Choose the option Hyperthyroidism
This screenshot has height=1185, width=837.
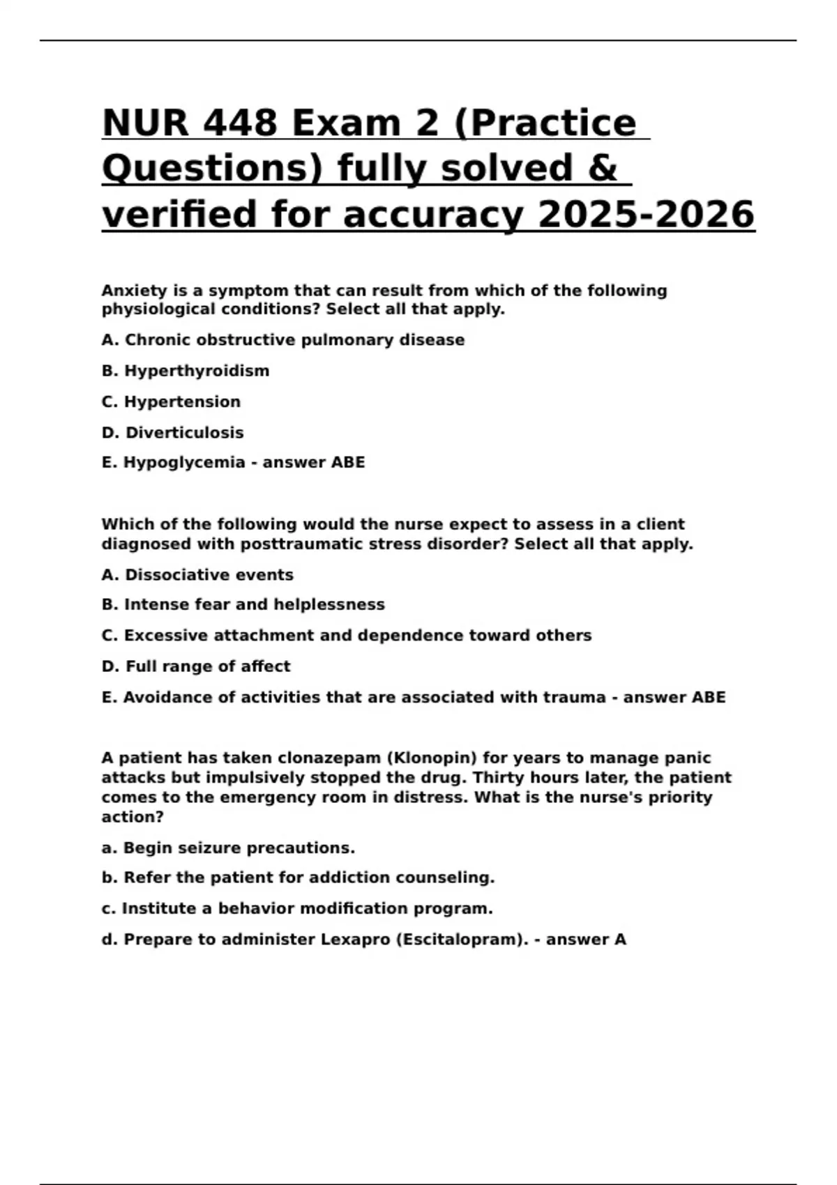point(197,371)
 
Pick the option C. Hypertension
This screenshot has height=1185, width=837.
point(171,402)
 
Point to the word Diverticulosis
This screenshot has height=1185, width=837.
point(185,433)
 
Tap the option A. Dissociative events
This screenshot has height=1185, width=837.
point(197,575)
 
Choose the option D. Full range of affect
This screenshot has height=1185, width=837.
point(196,666)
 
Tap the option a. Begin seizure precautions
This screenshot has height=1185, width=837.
point(228,848)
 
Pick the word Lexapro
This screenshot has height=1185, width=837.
point(355,940)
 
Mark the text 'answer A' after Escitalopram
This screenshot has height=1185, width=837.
point(586,940)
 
